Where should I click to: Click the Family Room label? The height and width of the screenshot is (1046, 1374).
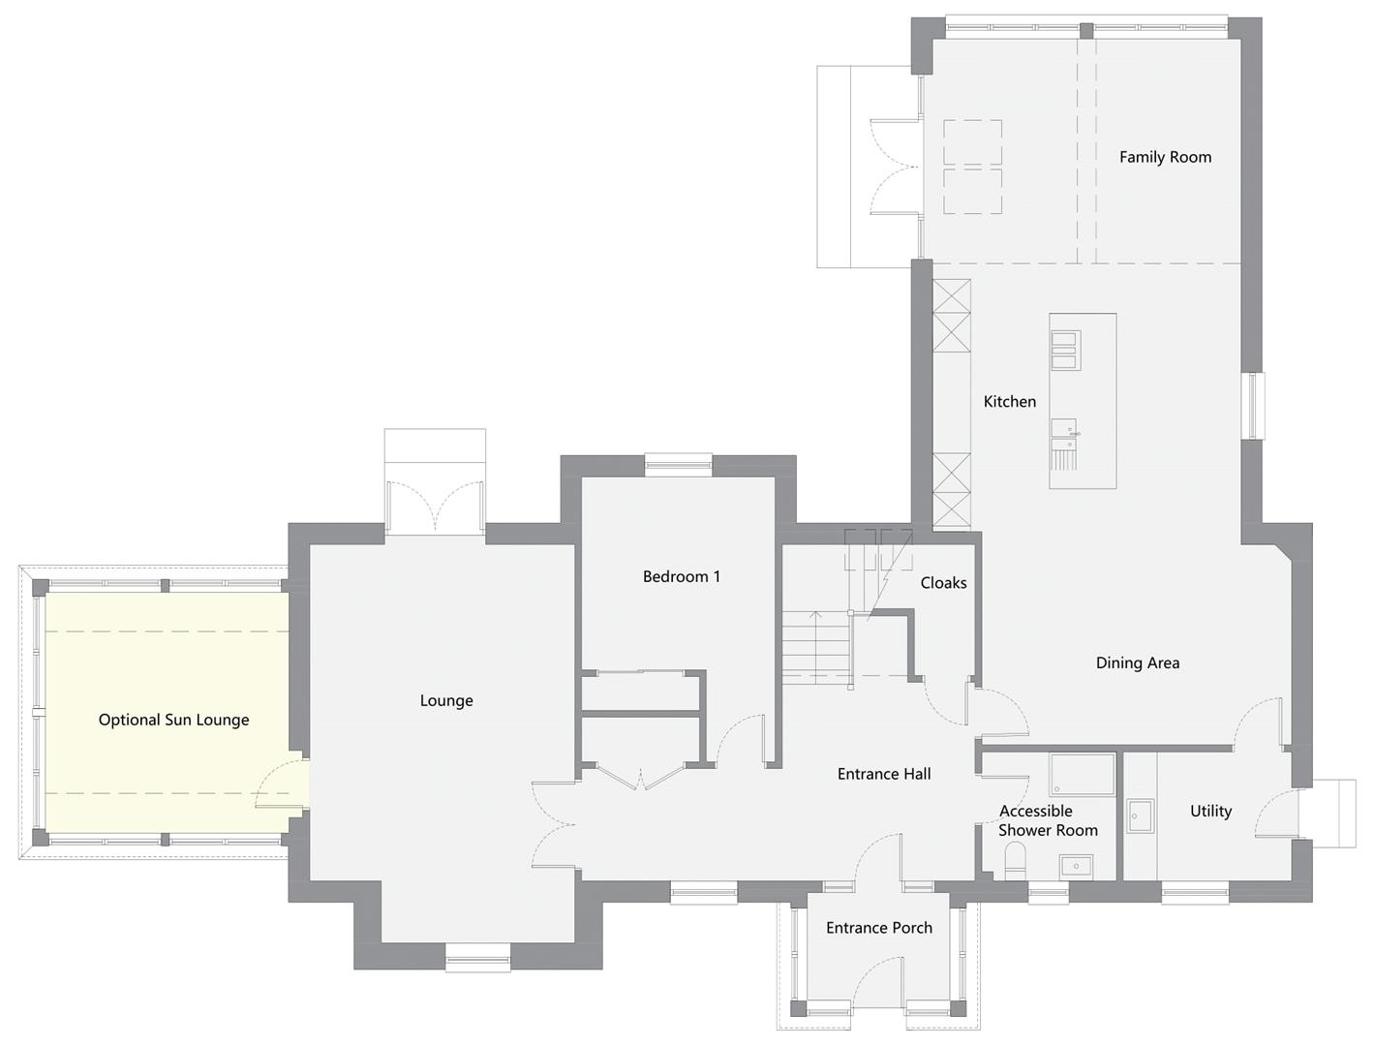(1165, 157)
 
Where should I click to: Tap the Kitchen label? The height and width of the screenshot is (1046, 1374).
(1009, 401)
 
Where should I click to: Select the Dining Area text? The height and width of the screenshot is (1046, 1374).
(1138, 662)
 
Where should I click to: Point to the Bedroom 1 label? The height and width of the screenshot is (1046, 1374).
(681, 576)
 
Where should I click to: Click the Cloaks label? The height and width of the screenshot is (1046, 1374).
(943, 583)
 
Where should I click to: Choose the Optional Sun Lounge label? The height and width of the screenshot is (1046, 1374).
(173, 720)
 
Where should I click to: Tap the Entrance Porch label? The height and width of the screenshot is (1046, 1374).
(879, 928)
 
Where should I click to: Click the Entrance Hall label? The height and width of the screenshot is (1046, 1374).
(884, 774)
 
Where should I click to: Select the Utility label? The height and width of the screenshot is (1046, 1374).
(1210, 812)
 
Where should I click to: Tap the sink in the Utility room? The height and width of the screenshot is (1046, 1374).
(1141, 815)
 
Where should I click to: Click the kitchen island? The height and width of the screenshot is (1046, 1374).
(1083, 401)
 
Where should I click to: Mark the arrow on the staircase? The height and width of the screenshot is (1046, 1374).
(815, 645)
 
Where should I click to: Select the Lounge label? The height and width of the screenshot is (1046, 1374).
(446, 700)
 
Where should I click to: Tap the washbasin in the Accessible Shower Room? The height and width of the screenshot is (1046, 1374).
(1076, 867)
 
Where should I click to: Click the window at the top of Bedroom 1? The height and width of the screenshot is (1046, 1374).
(679, 465)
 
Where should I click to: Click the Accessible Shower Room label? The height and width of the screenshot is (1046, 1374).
(1048, 820)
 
